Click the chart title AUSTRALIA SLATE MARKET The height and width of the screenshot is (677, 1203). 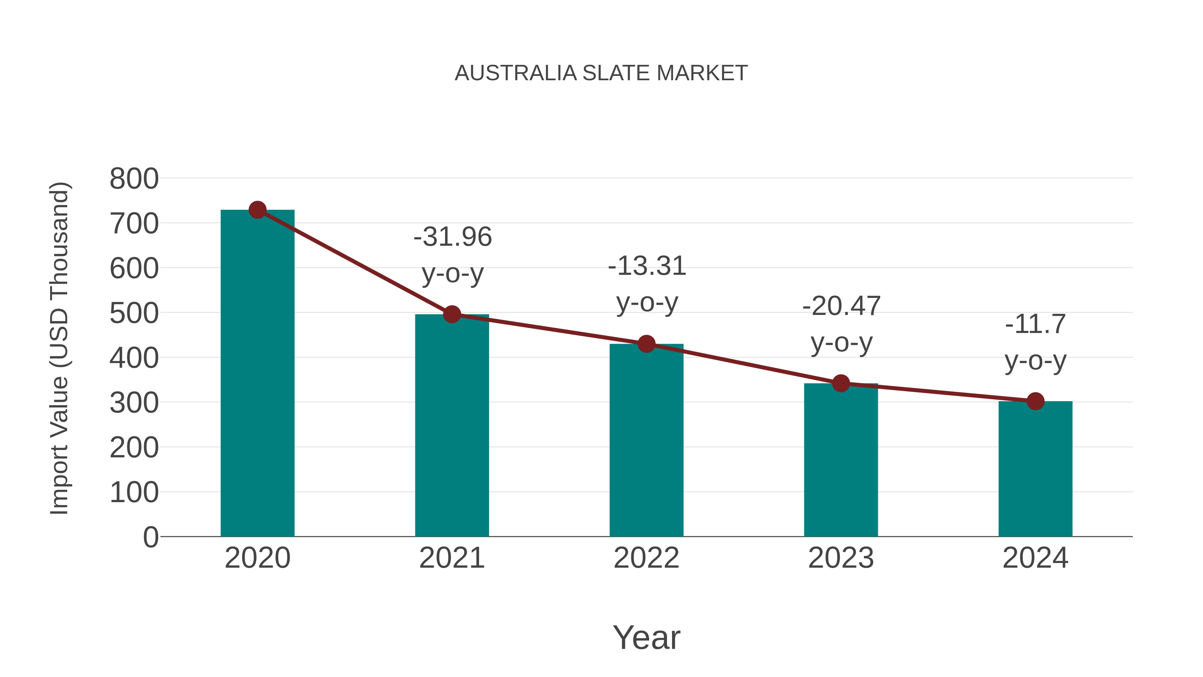pos(601,73)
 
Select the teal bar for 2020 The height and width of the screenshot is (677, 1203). pos(257,374)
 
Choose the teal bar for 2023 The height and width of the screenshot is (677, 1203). pos(841,460)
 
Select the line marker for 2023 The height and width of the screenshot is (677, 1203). pos(841,383)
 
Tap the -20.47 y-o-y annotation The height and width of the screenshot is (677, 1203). pos(841,324)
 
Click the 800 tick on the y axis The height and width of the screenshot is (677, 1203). pos(134,179)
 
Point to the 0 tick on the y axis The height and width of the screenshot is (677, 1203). pos(150,537)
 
